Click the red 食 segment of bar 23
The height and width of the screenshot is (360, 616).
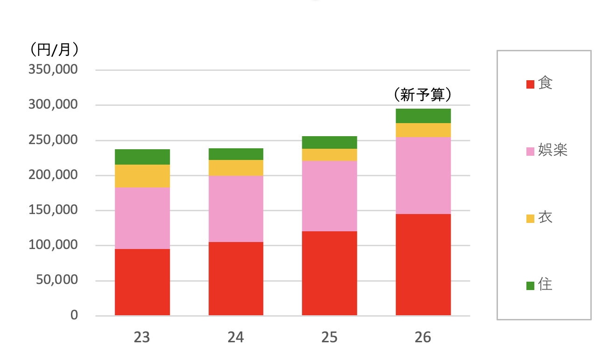click(x=142, y=282)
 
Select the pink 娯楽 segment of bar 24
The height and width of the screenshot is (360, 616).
click(x=236, y=209)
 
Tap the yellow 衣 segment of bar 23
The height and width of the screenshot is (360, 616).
click(x=142, y=176)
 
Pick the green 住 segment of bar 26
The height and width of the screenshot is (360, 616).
click(x=423, y=116)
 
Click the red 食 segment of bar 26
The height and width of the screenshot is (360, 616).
click(x=423, y=264)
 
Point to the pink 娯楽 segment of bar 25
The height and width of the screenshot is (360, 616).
click(x=329, y=196)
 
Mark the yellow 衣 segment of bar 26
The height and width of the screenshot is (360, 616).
click(x=423, y=130)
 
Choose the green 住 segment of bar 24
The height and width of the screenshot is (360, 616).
click(x=236, y=154)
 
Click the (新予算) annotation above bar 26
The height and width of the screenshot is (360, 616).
click(x=423, y=95)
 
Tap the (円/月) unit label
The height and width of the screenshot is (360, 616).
click(x=53, y=49)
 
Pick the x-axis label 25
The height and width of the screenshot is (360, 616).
click(x=329, y=338)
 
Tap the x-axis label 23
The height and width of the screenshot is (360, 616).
click(x=142, y=338)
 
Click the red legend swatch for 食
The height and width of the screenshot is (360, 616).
click(x=530, y=84)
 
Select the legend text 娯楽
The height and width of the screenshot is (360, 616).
click(x=553, y=150)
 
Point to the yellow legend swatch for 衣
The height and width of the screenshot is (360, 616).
click(x=530, y=218)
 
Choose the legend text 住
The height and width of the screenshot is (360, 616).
click(x=545, y=284)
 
